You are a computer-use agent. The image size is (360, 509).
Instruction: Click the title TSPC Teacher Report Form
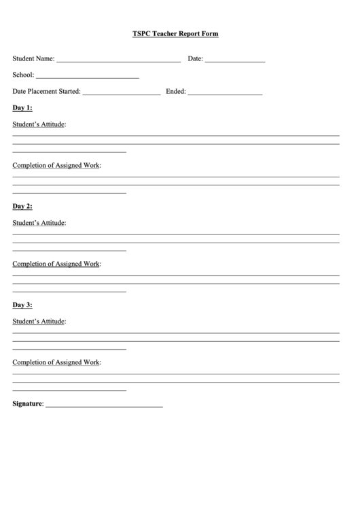[x=175, y=33]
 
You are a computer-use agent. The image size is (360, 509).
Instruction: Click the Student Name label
[x=33, y=58]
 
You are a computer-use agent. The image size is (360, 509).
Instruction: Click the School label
[x=23, y=75]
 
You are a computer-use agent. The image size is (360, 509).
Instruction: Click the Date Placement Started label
[x=46, y=91]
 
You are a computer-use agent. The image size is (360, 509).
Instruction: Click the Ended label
[x=175, y=91]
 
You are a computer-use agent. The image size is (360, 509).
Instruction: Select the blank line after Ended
[x=225, y=93]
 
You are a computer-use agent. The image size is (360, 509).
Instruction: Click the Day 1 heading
[x=22, y=108]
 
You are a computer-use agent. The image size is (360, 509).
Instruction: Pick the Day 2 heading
[x=22, y=207]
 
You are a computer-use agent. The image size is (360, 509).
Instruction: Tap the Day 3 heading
[x=22, y=305]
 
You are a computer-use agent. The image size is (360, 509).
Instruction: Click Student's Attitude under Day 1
[x=39, y=124]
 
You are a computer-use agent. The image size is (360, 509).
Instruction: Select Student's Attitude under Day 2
[x=39, y=223]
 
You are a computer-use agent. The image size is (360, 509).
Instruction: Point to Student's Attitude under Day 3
[x=39, y=321]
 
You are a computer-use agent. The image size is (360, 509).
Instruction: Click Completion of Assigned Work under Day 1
[x=56, y=165]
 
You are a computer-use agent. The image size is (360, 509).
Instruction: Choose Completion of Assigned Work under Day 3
[x=56, y=362]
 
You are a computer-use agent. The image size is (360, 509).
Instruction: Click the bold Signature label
[x=27, y=404]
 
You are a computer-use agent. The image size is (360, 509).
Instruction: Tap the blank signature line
[x=104, y=406]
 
